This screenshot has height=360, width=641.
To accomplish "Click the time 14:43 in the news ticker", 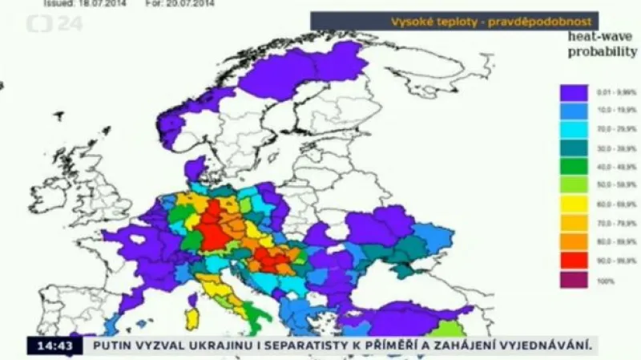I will pos(48,346).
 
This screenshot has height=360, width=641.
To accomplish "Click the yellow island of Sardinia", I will pos(192,315).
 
